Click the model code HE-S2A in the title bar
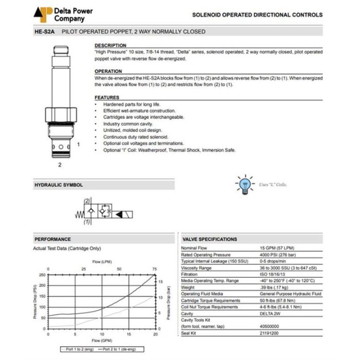(45, 32)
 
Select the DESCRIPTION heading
(110, 46)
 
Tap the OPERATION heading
(109, 71)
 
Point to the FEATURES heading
(107, 98)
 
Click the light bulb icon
(244, 185)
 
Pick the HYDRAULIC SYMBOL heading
(58, 185)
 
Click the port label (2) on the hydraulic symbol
(87, 201)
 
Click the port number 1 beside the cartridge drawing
(78, 145)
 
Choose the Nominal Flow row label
(196, 248)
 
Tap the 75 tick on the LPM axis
(155, 269)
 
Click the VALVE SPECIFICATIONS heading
(210, 239)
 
